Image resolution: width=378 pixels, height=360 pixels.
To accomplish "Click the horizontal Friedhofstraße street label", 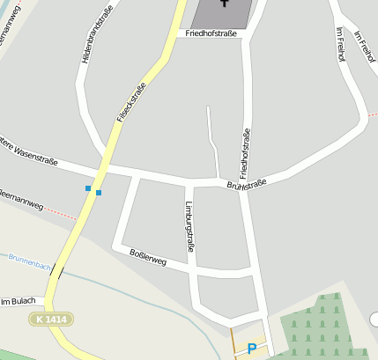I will (212, 33).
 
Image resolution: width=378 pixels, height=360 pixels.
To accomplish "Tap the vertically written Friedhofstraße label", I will (244, 149).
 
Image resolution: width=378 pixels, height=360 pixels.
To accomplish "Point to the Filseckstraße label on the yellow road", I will (130, 102).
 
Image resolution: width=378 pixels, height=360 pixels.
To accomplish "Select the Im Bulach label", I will (18, 302).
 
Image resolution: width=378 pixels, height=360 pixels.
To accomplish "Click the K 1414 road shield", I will (50, 318).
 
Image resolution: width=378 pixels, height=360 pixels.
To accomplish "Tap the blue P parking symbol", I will (251, 349).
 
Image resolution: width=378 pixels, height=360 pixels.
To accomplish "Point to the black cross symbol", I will (225, 4).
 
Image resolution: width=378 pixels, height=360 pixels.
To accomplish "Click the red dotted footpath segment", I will (59, 213).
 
